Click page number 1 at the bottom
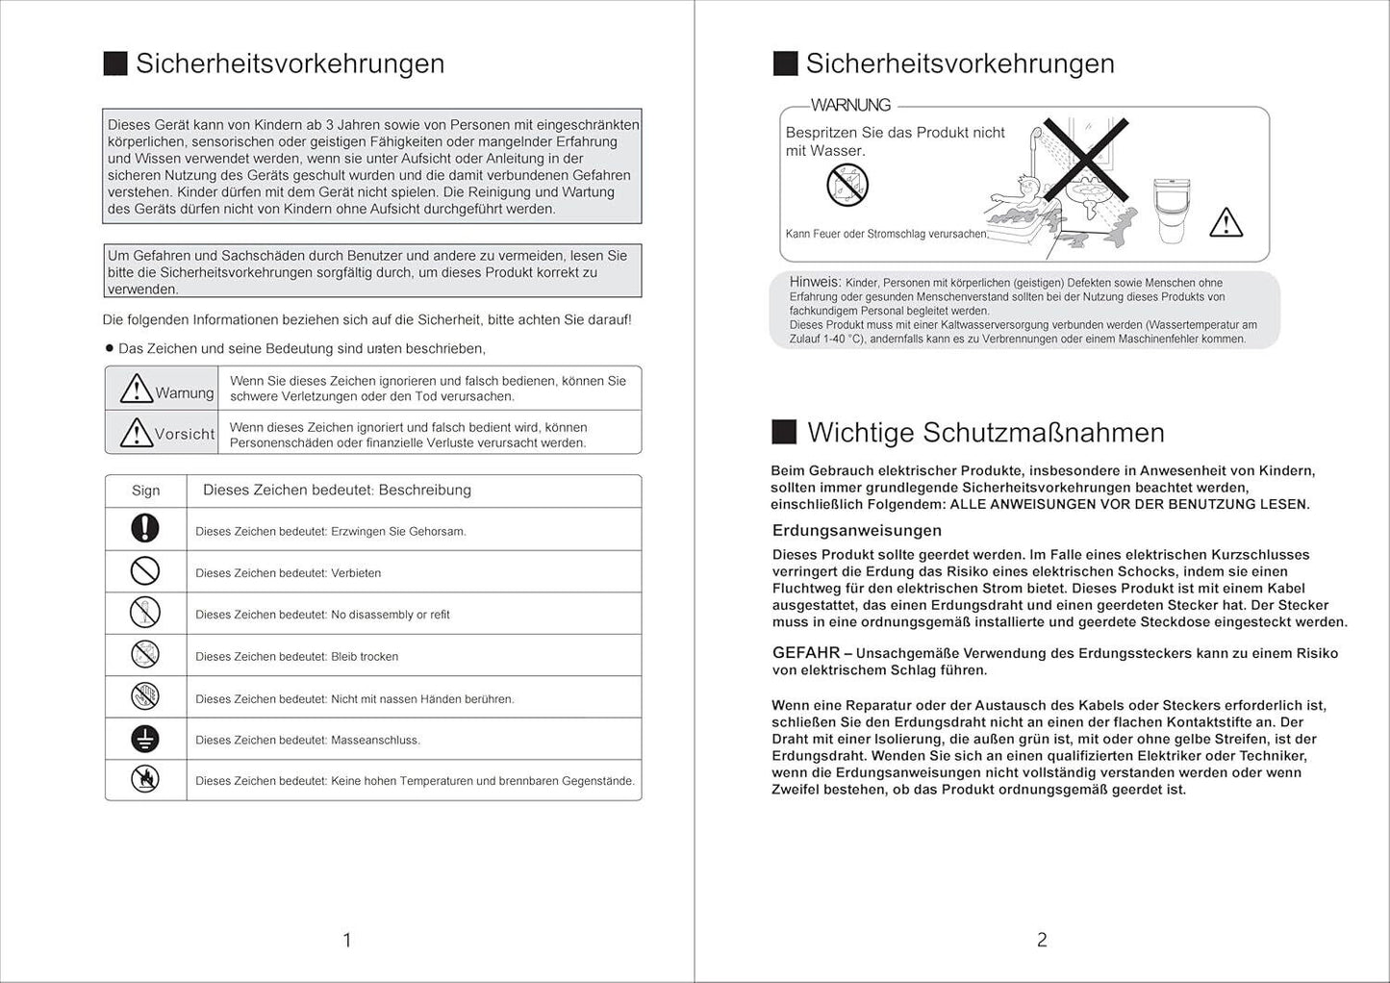click(347, 940)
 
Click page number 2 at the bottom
click(1042, 940)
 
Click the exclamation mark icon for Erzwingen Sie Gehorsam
click(145, 528)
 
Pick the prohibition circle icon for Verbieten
click(145, 571)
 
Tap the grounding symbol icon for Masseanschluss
click(145, 738)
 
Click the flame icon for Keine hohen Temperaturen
click(145, 779)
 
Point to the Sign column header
click(145, 491)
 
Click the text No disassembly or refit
click(390, 615)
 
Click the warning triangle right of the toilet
click(1226, 222)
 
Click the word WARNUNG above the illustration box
click(850, 105)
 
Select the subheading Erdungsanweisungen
click(856, 531)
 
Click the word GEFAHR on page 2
click(805, 653)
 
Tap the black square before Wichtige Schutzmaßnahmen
click(784, 432)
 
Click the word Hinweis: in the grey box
click(815, 282)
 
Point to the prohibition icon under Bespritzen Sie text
click(847, 185)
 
